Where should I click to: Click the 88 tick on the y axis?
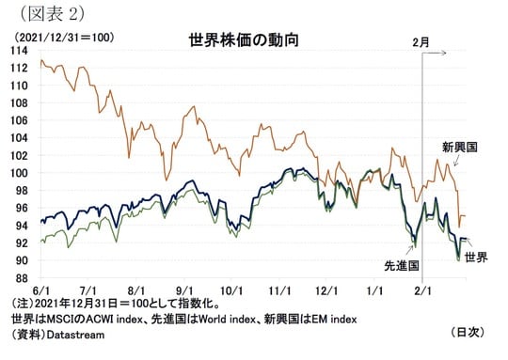[x=20, y=279]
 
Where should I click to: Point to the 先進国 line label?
[x=400, y=266]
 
